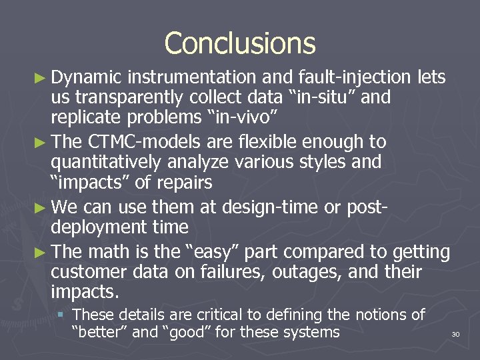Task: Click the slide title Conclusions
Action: pos(240,44)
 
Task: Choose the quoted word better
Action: pos(100,332)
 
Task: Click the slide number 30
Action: pos(456,333)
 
